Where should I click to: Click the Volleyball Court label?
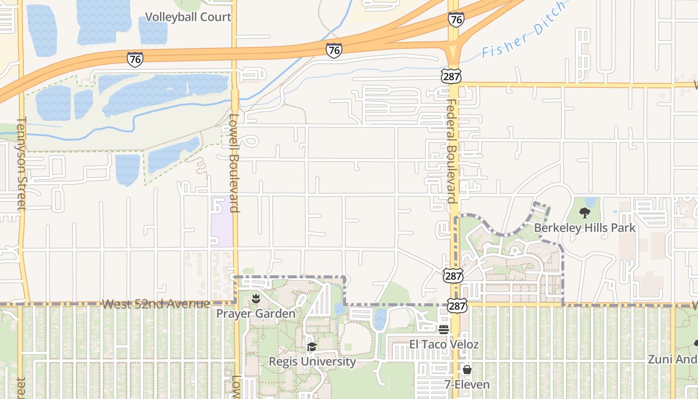[188, 17]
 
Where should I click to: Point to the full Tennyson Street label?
[21, 164]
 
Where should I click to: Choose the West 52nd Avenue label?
[156, 304]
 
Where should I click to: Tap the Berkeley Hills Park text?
[584, 228]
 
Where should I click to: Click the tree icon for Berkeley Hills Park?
[584, 213]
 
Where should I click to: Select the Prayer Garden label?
[256, 314]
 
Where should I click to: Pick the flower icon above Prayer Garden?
[256, 299]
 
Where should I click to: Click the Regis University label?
[312, 361]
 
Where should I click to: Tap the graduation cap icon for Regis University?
[312, 347]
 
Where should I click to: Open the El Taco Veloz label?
[444, 344]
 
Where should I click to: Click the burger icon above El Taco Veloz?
[444, 329]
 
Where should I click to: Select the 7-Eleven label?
[467, 385]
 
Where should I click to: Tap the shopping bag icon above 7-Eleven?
[467, 370]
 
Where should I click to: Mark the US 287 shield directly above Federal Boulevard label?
[451, 76]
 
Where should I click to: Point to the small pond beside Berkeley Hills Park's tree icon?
[591, 202]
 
